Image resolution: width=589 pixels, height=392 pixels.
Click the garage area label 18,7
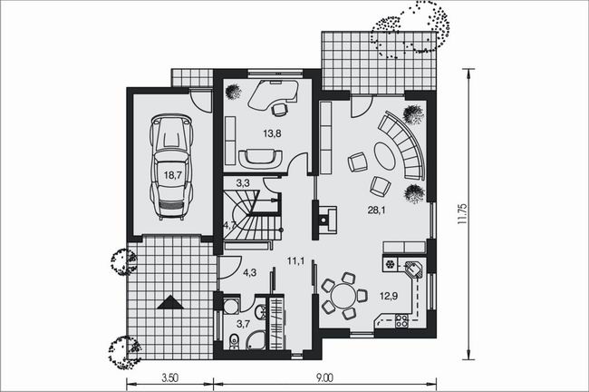click(x=173, y=175)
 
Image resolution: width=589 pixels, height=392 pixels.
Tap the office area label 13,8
click(x=273, y=133)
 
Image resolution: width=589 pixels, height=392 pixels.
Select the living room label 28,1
click(x=376, y=211)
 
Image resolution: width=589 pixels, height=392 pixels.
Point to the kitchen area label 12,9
click(x=389, y=296)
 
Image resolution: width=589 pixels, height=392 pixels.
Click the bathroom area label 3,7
click(x=244, y=324)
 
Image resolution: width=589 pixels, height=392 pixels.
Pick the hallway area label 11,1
click(x=295, y=261)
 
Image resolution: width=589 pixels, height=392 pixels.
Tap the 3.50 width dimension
click(x=169, y=377)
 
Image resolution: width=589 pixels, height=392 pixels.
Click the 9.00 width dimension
click(x=324, y=377)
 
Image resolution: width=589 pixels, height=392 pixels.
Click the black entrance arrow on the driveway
click(x=170, y=302)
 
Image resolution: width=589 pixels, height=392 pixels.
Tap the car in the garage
click(x=171, y=167)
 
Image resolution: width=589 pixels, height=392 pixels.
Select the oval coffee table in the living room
click(x=384, y=155)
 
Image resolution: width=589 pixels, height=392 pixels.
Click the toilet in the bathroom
click(x=234, y=341)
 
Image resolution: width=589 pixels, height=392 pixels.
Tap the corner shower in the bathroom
click(x=257, y=339)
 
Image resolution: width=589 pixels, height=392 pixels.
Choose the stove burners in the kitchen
click(x=401, y=320)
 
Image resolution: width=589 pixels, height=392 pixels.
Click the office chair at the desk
click(x=279, y=109)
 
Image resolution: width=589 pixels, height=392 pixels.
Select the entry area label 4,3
click(x=249, y=273)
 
